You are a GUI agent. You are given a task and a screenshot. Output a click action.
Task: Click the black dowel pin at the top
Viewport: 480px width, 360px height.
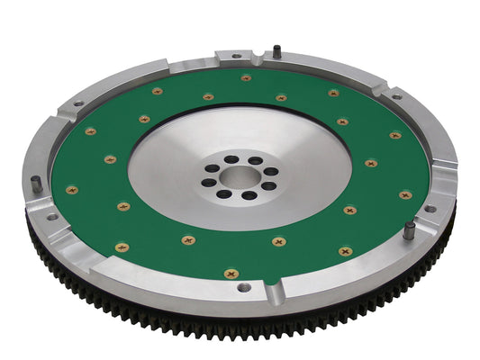pos(276,50)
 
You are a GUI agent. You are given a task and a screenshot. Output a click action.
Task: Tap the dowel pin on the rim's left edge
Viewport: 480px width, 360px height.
pos(35,183)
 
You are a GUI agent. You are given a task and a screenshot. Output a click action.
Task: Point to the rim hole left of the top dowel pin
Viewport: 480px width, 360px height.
pos(237,57)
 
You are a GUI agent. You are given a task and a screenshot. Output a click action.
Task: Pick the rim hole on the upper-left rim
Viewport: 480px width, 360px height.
pos(77,103)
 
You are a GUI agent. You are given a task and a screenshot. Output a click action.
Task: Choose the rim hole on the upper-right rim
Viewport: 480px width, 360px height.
pos(397,96)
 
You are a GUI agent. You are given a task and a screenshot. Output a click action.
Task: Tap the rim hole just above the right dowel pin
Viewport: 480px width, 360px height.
pos(430,208)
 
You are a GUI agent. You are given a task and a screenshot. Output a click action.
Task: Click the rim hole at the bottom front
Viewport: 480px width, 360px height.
pos(244,288)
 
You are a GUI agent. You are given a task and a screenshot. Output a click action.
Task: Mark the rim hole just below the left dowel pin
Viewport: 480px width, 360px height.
pos(51,216)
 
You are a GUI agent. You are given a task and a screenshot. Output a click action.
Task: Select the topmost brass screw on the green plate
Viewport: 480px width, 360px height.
pos(246,78)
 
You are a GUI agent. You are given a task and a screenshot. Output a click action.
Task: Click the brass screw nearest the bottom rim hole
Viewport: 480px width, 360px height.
pos(231,273)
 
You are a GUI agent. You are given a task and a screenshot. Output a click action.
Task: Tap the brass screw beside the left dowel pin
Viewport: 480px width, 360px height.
pos(72,190)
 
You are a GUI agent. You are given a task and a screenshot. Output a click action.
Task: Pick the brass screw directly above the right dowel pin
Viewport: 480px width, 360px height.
pos(406,193)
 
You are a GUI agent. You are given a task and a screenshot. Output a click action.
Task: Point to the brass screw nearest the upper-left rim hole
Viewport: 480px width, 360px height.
pos(91,131)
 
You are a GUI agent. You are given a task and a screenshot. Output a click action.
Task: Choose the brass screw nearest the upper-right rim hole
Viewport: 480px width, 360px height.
pos(395,136)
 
